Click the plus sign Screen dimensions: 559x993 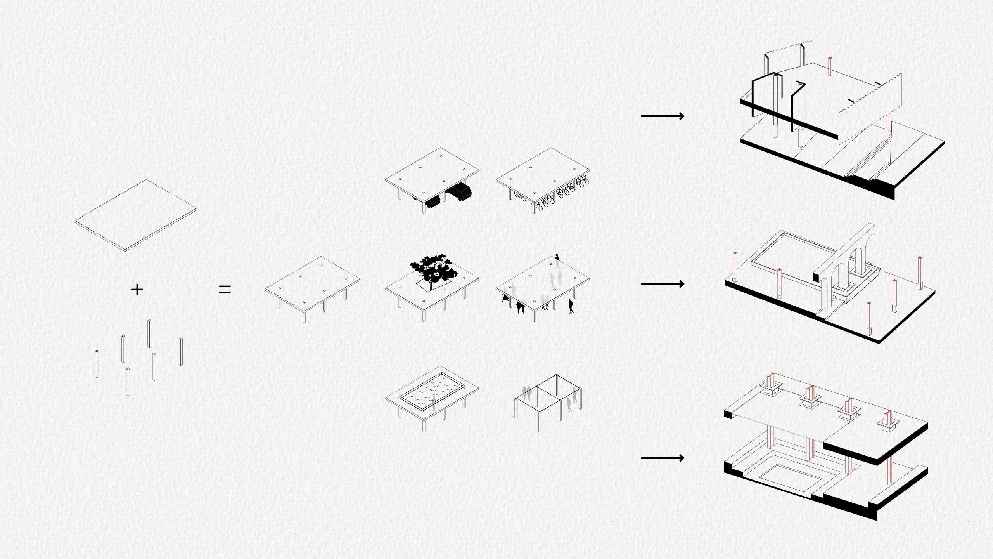137,290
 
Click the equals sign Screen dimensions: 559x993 225,290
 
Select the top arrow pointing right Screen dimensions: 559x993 663,116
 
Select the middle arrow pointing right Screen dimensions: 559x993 663,284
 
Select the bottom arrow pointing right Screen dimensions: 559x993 663,458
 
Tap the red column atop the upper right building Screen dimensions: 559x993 830,66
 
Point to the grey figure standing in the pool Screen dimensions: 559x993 434,404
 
